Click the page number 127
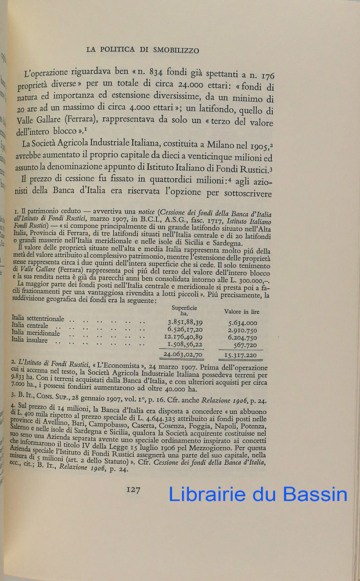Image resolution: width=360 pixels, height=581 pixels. [x=133, y=490]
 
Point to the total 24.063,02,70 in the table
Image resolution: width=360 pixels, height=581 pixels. [x=183, y=354]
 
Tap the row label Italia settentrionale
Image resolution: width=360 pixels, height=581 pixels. [x=39, y=318]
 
